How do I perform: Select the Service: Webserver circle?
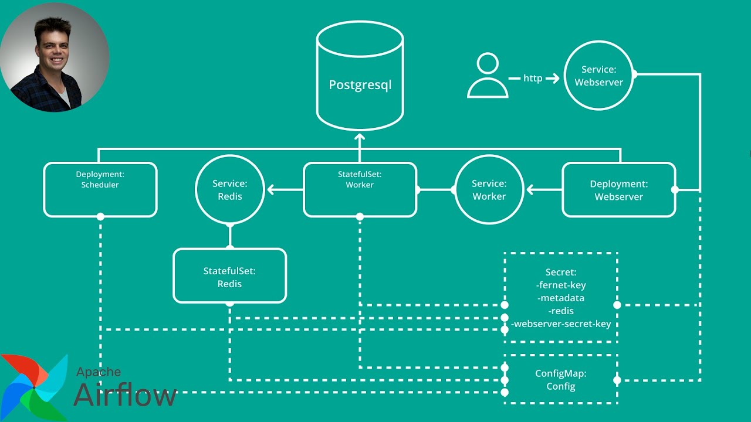[598, 76]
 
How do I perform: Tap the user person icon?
[488, 76]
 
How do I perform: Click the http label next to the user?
[533, 78]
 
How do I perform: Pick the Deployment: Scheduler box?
[100, 189]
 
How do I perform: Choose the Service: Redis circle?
[229, 190]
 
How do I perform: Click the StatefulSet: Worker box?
[360, 189]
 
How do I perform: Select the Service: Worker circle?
[489, 190]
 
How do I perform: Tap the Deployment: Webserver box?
[618, 190]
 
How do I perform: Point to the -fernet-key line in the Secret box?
[561, 285]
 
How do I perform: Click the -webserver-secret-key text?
[561, 324]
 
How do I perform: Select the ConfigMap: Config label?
[561, 380]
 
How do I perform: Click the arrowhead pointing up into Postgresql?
[360, 138]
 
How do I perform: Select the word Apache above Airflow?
[99, 372]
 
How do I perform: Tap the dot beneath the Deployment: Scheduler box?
[100, 217]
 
